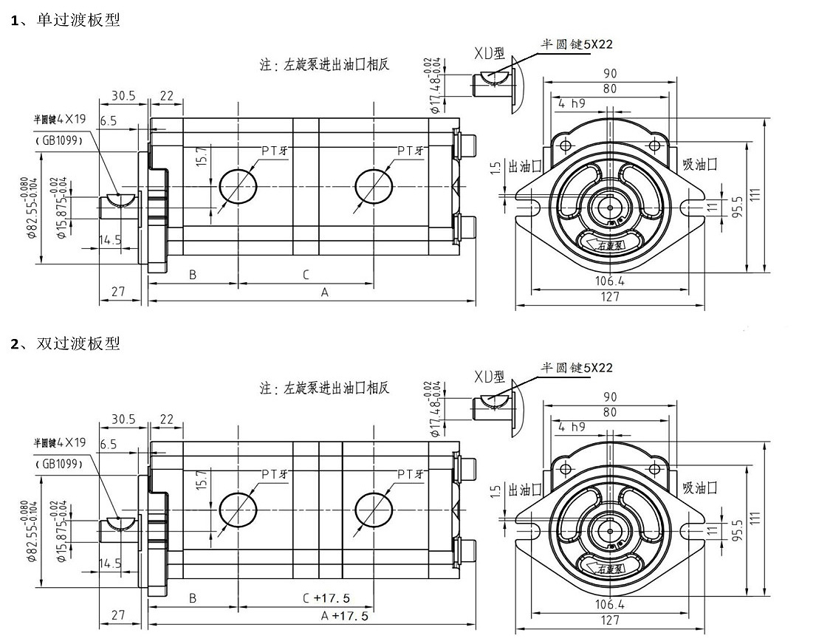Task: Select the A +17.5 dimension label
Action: (343, 615)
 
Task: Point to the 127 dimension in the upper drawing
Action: (610, 297)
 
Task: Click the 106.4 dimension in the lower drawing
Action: (610, 604)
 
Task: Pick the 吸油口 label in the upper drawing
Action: (699, 164)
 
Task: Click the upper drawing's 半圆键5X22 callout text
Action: (577, 44)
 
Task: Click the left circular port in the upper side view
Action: (237, 187)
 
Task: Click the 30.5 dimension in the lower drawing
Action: (123, 419)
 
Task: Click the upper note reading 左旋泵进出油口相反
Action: (325, 64)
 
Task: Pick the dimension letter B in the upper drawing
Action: (192, 275)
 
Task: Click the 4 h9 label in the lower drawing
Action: (573, 427)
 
